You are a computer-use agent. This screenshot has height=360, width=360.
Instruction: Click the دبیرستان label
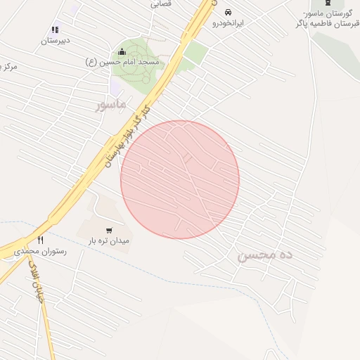53,41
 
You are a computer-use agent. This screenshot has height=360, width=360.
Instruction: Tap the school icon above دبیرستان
54,30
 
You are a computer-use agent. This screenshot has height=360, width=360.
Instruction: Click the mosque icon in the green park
122,51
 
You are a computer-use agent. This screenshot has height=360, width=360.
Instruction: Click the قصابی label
160,4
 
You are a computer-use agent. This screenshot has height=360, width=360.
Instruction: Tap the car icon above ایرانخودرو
229,12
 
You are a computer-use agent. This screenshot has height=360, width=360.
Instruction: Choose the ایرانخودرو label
229,23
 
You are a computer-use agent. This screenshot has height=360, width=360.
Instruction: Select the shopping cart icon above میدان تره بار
109,230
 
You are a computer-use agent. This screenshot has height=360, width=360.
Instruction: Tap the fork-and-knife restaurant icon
40,240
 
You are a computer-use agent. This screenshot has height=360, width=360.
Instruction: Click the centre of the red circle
180,179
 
